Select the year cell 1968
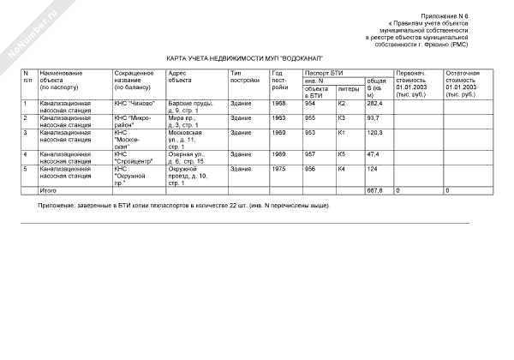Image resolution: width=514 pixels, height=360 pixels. tap(278, 104)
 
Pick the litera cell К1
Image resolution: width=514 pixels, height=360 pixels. tap(342, 133)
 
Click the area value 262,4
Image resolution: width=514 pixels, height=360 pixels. tap(374, 104)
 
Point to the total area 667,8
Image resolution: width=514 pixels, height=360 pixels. tap(374, 189)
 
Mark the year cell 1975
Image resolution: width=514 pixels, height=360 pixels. tap(278, 169)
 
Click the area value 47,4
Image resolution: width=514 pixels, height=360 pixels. tap(373, 154)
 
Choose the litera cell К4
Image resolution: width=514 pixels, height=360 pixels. tap(342, 169)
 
